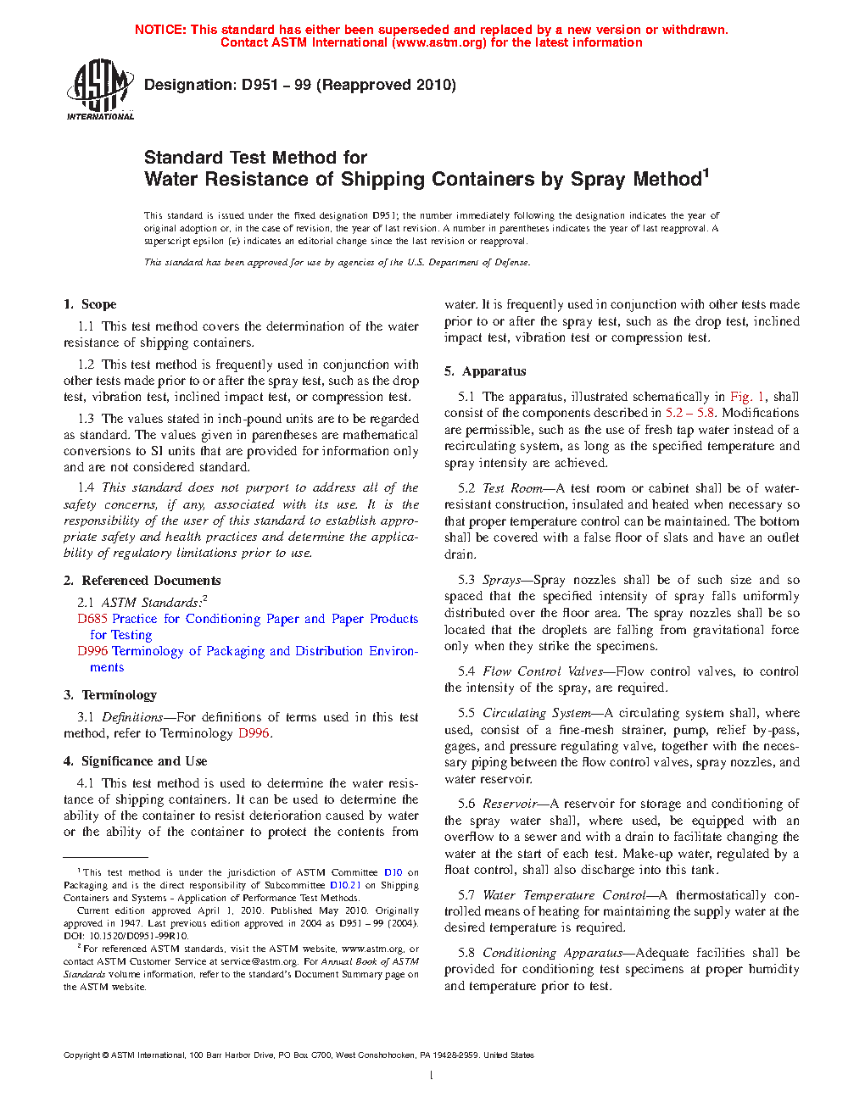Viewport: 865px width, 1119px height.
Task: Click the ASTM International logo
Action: pos(99,89)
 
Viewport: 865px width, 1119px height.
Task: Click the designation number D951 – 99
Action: pos(276,85)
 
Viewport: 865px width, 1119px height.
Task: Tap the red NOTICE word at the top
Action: pos(160,30)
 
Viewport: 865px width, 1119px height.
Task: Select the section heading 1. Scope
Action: pos(90,304)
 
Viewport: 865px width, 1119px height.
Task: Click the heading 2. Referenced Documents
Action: pos(142,581)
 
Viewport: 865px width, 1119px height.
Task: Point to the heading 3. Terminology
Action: pos(110,695)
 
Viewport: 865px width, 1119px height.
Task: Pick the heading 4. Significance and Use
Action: pos(135,761)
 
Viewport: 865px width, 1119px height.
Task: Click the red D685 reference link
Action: pos(92,619)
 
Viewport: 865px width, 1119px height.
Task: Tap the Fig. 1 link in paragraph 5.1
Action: pos(747,397)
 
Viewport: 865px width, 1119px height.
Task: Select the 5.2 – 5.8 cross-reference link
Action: pos(689,413)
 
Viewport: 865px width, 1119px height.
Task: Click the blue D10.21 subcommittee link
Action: pos(345,885)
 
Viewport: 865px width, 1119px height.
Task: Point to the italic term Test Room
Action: pos(512,488)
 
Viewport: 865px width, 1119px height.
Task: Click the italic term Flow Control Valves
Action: pos(543,671)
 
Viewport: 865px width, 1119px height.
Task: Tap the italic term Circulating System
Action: pos(537,713)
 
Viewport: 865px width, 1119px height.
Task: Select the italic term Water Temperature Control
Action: pos(564,895)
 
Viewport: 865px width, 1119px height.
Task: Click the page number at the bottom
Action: pos(431,1076)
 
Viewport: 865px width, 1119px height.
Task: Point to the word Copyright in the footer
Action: pos(82,1055)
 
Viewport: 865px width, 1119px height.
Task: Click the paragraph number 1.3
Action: pos(86,419)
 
